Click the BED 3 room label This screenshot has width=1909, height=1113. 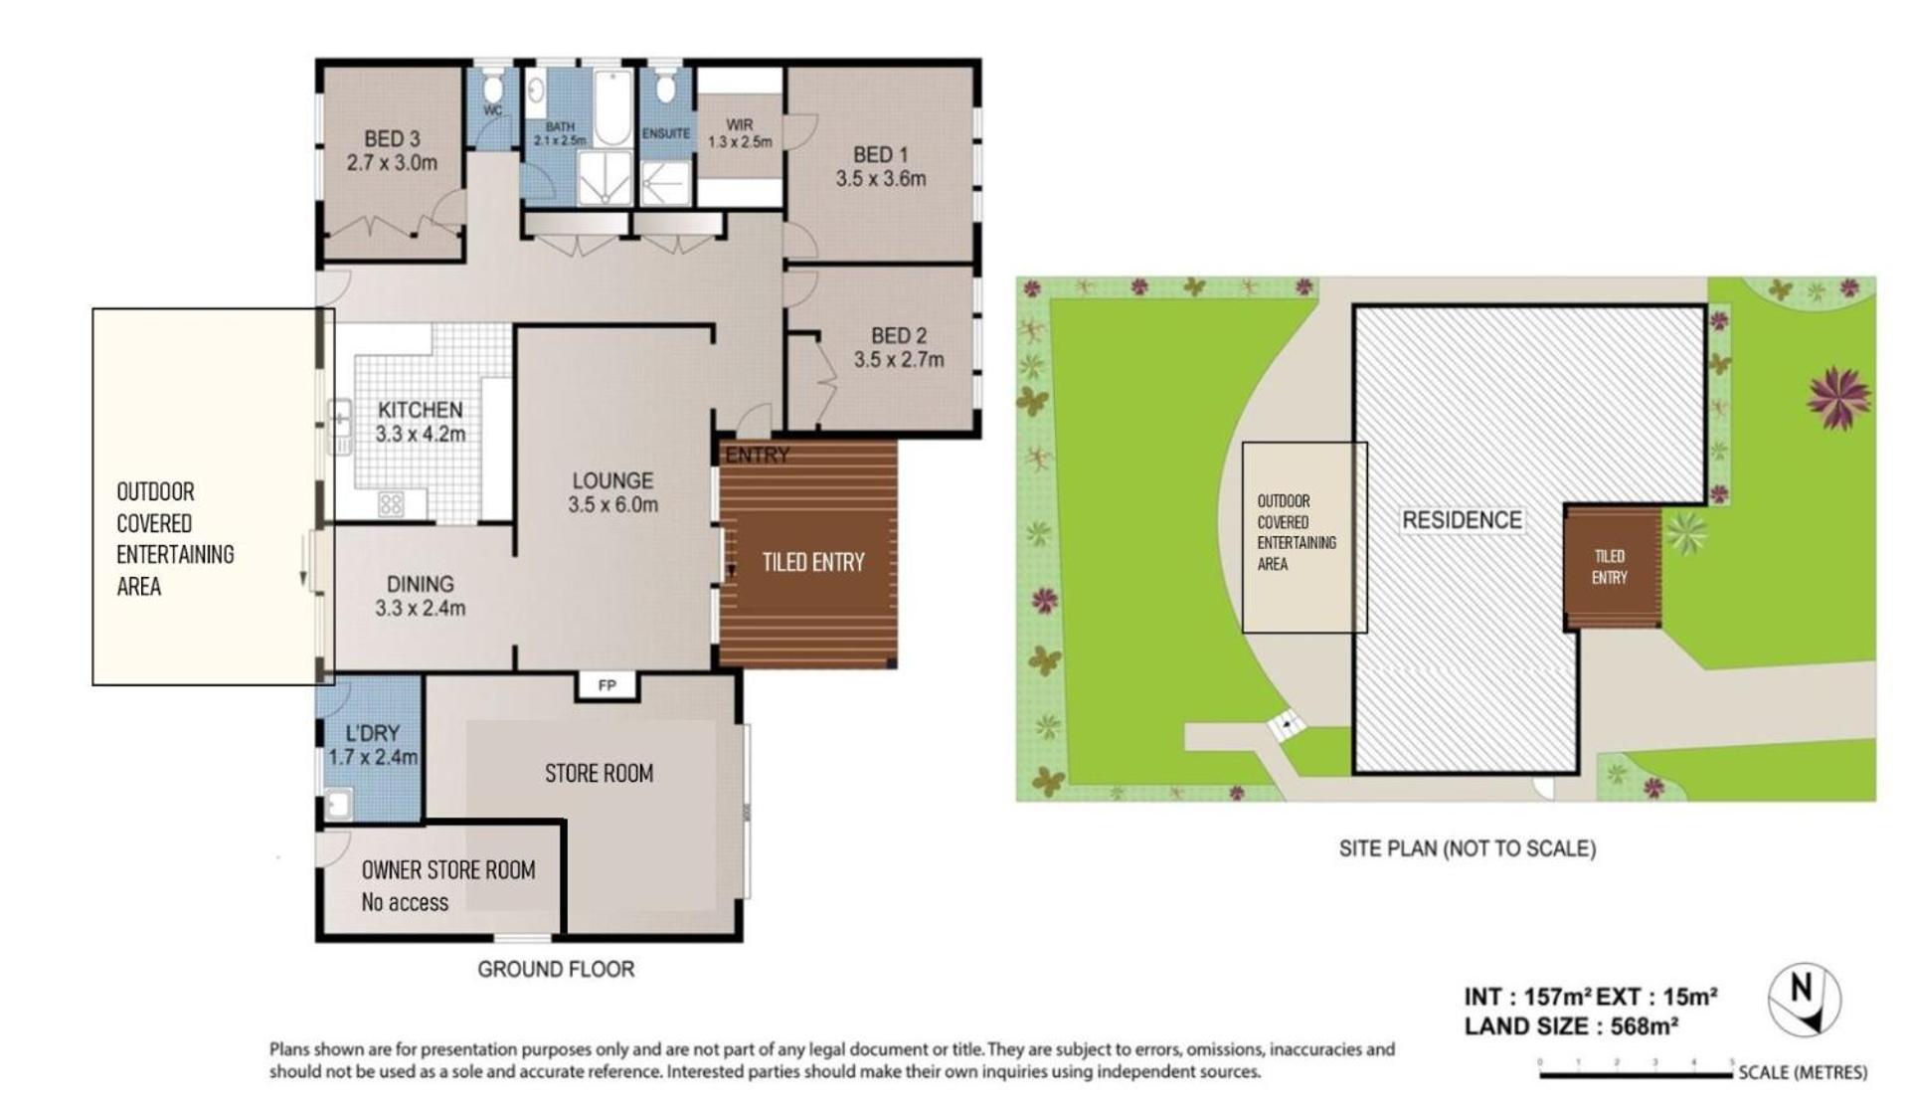coord(392,139)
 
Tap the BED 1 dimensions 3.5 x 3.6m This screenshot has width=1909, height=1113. coord(880,179)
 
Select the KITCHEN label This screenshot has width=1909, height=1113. coord(420,410)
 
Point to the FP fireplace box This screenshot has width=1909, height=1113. coord(607,685)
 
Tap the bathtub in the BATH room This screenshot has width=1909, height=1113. coord(612,107)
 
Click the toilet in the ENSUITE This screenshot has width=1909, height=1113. coord(665,87)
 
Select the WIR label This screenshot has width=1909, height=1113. coord(739,125)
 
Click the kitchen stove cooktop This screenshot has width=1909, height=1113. coord(391,505)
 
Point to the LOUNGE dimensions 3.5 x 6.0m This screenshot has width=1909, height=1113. coord(612,505)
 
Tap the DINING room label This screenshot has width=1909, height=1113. coord(420,584)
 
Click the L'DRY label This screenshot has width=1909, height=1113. coord(373,733)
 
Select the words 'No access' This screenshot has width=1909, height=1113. coord(405,902)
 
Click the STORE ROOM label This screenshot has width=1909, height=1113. coord(599,773)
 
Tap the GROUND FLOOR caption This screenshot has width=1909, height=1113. coord(556,969)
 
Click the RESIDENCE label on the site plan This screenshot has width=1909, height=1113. coord(1462,520)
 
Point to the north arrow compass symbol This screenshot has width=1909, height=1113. coord(1805,1001)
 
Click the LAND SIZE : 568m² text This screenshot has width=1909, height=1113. coord(1571,1026)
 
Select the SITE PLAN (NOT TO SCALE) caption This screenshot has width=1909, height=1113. coord(1467,848)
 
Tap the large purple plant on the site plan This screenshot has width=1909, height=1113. coord(1838,398)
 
